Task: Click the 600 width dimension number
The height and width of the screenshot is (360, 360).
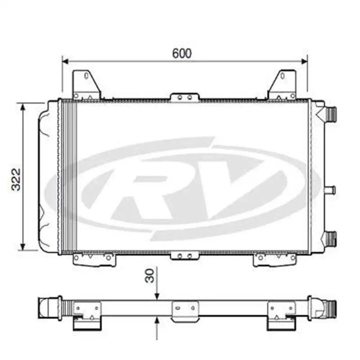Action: (x=182, y=53)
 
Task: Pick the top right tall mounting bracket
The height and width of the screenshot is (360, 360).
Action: (x=283, y=85)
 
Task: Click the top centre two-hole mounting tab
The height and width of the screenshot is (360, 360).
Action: (x=185, y=97)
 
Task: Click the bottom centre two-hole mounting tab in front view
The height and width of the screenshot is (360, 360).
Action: (x=185, y=256)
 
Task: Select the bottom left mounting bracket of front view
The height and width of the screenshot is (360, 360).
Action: (x=94, y=259)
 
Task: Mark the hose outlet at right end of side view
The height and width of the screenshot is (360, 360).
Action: (x=329, y=309)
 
